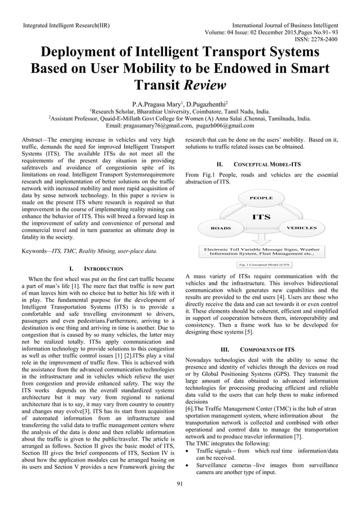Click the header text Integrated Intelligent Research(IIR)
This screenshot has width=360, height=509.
pyautogui.click(x=66, y=26)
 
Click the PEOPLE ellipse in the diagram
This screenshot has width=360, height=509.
pyautogui.click(x=261, y=198)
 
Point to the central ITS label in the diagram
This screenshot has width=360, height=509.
pyautogui.click(x=261, y=217)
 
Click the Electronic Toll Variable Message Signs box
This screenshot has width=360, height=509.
pyautogui.click(x=261, y=251)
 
